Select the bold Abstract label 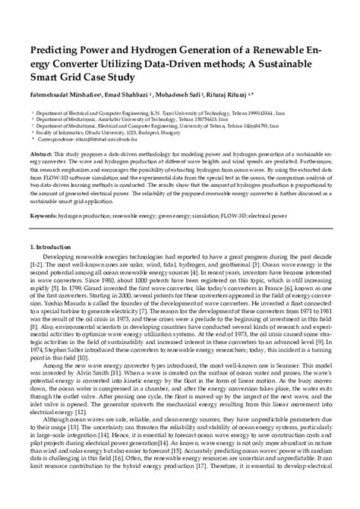point(43,153)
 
